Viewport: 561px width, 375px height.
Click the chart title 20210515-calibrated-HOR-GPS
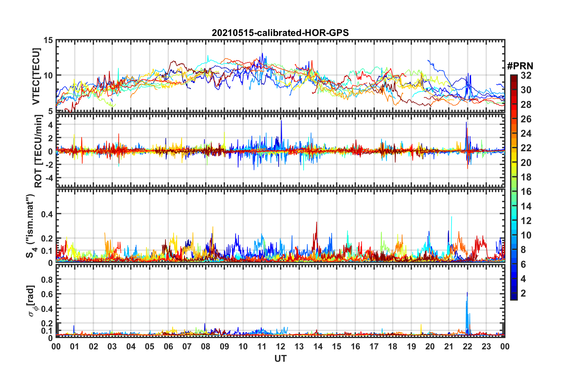point(280,33)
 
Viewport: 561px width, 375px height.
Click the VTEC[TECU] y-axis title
point(36,76)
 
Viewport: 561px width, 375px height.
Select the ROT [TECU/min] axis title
point(38,151)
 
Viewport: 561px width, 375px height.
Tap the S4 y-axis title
point(31,226)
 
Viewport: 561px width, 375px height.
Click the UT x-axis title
point(280,358)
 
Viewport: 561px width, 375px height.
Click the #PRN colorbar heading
point(520,66)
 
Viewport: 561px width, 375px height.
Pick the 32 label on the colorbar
point(526,75)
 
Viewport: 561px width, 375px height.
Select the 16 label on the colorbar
point(526,192)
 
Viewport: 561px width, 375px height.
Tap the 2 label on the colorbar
point(523,293)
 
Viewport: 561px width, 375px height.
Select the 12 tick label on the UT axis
point(280,346)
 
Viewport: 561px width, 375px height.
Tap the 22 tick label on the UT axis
point(467,346)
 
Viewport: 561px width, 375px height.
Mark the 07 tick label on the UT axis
point(187,346)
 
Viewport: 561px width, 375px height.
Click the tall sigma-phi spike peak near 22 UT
point(467,292)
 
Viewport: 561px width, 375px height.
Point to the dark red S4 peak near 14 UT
point(316,222)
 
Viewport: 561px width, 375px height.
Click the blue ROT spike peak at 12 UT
point(281,121)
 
